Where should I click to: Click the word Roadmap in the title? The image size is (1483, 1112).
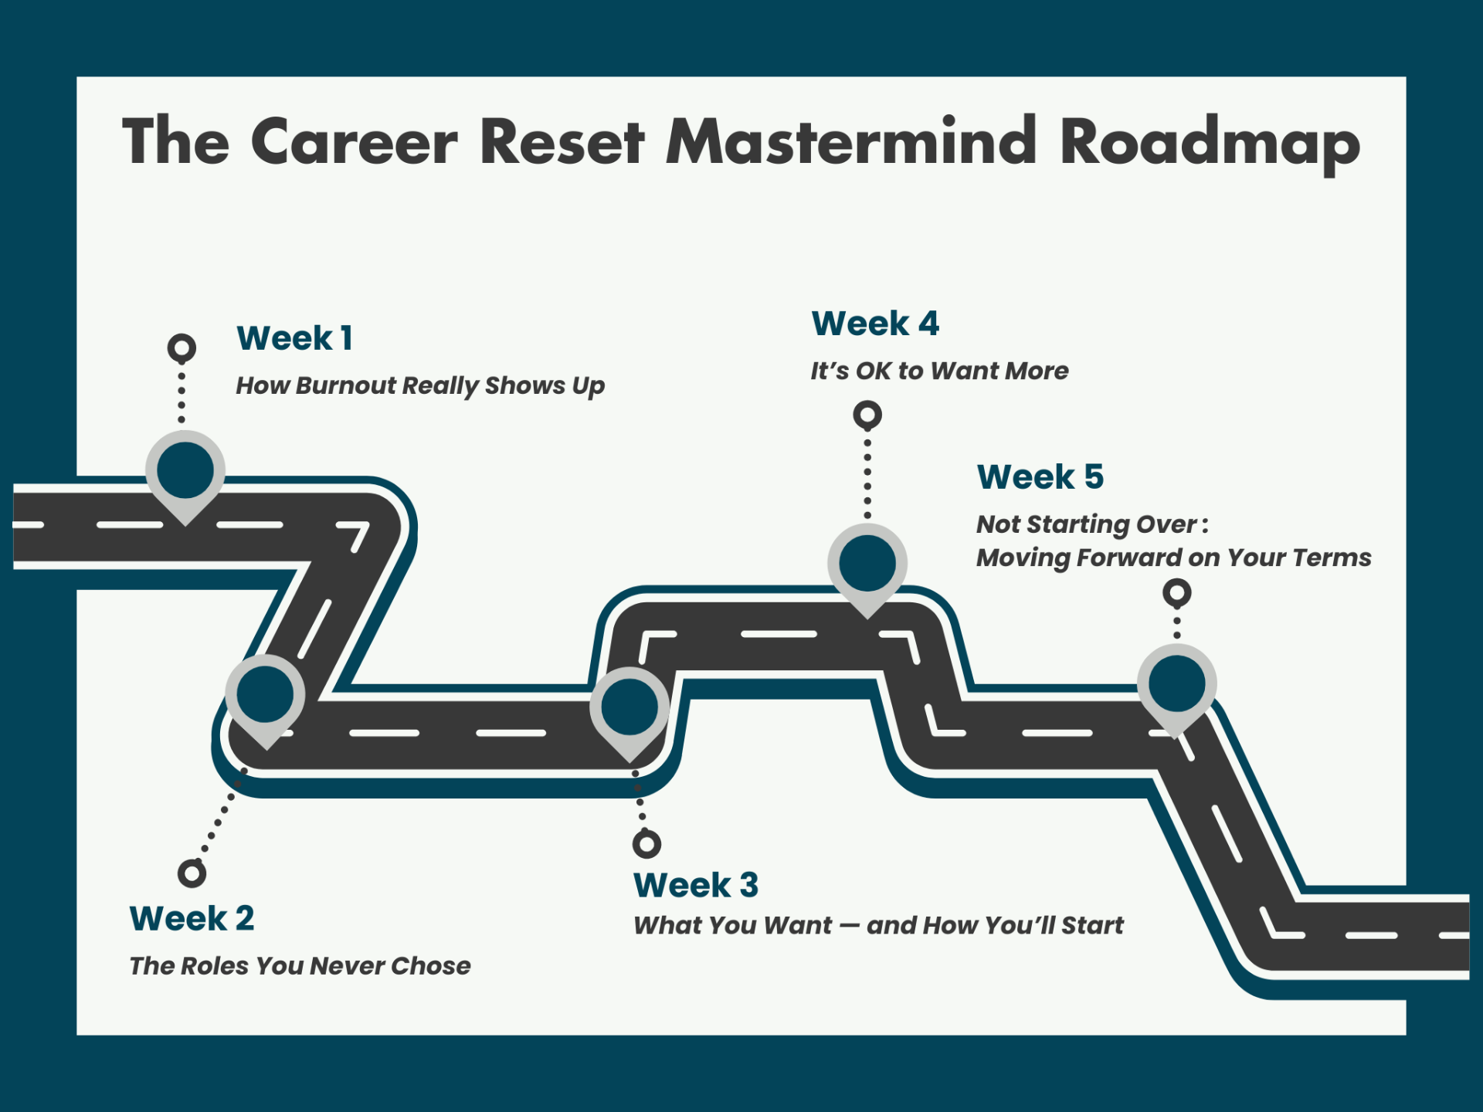pyautogui.click(x=1209, y=143)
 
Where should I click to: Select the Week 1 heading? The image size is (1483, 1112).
pyautogui.click(x=294, y=338)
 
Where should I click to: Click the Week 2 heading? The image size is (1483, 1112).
pyautogui.click(x=192, y=918)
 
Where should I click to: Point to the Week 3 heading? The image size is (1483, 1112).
pyautogui.click(x=696, y=885)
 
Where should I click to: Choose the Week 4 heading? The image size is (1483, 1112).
pyautogui.click(x=875, y=324)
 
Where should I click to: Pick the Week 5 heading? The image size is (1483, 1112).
pyautogui.click(x=1040, y=477)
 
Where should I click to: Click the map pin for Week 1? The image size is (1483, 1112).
pyautogui.click(x=185, y=472)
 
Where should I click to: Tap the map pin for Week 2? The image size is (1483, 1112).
pyautogui.click(x=265, y=695)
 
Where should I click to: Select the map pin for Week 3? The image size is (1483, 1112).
pyautogui.click(x=630, y=708)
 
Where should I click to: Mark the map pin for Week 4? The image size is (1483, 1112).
pyautogui.click(x=867, y=564)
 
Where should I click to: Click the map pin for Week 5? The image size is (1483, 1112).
pyautogui.click(x=1176, y=684)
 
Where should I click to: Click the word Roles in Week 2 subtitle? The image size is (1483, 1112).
pyautogui.click(x=214, y=966)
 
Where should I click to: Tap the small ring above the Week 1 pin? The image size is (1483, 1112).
pyautogui.click(x=182, y=348)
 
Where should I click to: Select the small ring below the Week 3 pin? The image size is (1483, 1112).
pyautogui.click(x=646, y=844)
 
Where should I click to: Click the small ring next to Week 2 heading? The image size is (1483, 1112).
pyautogui.click(x=192, y=873)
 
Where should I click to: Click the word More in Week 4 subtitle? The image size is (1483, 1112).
pyautogui.click(x=1037, y=371)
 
